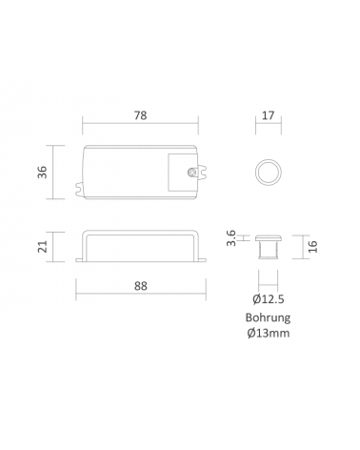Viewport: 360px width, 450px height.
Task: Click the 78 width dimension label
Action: (x=140, y=115)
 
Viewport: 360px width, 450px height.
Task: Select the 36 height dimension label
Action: (x=43, y=173)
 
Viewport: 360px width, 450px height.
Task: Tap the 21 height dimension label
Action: (x=43, y=247)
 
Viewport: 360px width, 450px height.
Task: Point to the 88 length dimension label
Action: (x=141, y=286)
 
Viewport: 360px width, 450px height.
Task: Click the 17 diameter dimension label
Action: (x=269, y=115)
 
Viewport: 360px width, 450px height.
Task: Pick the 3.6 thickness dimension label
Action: (x=231, y=237)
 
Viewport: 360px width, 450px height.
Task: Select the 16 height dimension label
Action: (x=312, y=247)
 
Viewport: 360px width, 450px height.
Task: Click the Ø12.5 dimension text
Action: (x=269, y=299)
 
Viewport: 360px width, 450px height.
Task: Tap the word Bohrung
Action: (x=269, y=317)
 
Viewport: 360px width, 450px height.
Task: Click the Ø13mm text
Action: (x=269, y=334)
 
